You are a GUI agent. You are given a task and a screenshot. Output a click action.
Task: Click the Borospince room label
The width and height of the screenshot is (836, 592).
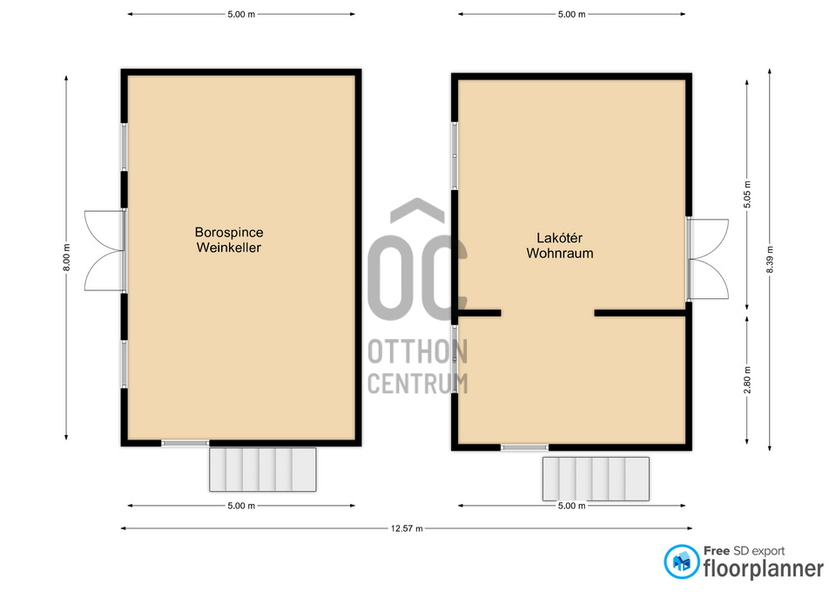tap(229, 233)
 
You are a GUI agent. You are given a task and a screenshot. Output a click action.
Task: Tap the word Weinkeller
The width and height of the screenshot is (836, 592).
tap(229, 248)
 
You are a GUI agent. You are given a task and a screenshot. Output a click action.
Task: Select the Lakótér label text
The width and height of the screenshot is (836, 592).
tap(559, 238)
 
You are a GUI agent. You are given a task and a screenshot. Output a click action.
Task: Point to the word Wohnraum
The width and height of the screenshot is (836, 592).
tap(560, 253)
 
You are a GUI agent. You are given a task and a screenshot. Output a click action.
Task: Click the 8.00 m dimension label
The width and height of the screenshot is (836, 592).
tap(67, 257)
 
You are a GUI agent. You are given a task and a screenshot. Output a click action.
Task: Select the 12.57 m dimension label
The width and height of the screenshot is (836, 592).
tap(407, 528)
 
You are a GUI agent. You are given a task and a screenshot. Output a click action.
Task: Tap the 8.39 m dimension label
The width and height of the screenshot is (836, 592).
tap(770, 260)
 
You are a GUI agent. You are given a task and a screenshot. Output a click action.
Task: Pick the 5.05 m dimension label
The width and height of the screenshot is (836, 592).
tap(747, 194)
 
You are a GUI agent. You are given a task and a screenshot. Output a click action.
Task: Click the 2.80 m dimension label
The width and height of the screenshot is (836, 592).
tap(747, 380)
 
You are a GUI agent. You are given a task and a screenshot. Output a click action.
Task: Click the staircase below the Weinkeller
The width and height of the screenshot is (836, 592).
tap(263, 470)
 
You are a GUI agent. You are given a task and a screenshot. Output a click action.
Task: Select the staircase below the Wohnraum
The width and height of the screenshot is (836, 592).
tap(596, 479)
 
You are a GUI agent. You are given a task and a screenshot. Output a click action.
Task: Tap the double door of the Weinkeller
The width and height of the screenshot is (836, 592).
tap(105, 251)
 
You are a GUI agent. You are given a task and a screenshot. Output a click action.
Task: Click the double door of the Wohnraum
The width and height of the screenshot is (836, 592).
tap(707, 259)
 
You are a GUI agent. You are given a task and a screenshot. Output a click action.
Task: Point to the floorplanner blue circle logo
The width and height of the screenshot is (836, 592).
tap(681, 561)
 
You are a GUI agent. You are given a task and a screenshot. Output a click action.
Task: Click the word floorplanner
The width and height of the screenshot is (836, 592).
tap(764, 568)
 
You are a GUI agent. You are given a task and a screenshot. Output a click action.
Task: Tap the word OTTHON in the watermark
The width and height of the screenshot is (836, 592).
tap(418, 351)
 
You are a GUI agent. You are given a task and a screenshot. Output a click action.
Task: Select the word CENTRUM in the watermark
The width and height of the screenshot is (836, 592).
tap(418, 384)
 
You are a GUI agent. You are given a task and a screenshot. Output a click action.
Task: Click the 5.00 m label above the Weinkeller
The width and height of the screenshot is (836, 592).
tap(241, 15)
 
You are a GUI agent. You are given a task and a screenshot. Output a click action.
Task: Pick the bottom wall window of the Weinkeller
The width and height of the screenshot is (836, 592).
tap(185, 443)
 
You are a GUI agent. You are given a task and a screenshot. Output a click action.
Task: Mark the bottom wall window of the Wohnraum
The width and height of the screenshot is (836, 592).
tap(524, 447)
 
